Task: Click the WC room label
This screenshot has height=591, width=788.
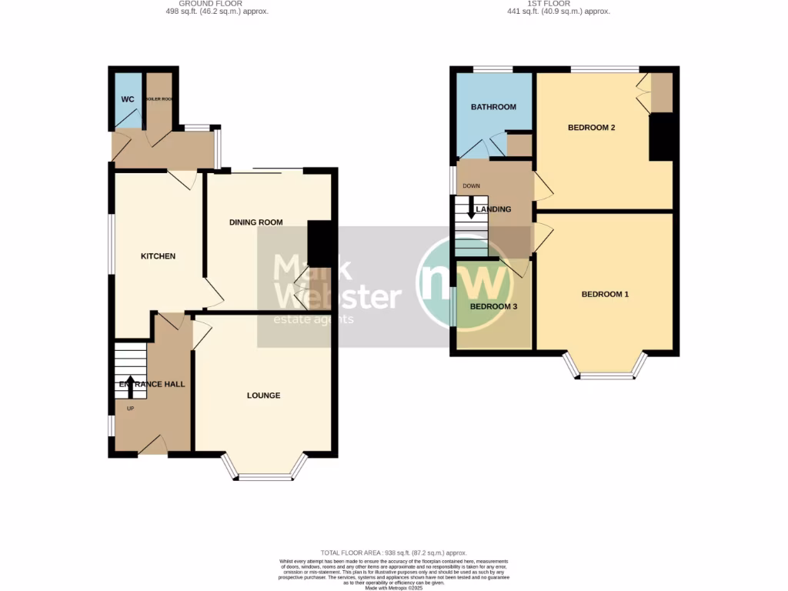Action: (x=127, y=99)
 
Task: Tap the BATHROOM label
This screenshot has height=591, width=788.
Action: (x=493, y=107)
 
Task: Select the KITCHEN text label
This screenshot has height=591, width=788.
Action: (x=158, y=256)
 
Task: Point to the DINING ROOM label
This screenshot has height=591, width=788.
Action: (x=256, y=222)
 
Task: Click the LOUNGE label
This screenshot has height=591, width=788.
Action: (x=263, y=396)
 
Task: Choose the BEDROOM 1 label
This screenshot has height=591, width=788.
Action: (x=605, y=294)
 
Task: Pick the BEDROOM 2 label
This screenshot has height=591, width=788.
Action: (x=591, y=128)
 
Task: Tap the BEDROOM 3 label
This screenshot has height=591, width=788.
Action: (x=493, y=306)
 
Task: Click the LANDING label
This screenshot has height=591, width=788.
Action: (x=493, y=209)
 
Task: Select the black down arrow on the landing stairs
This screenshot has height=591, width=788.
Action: (x=470, y=210)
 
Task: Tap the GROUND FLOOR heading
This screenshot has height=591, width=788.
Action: (x=217, y=4)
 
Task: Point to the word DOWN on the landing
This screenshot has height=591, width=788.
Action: (x=471, y=186)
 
